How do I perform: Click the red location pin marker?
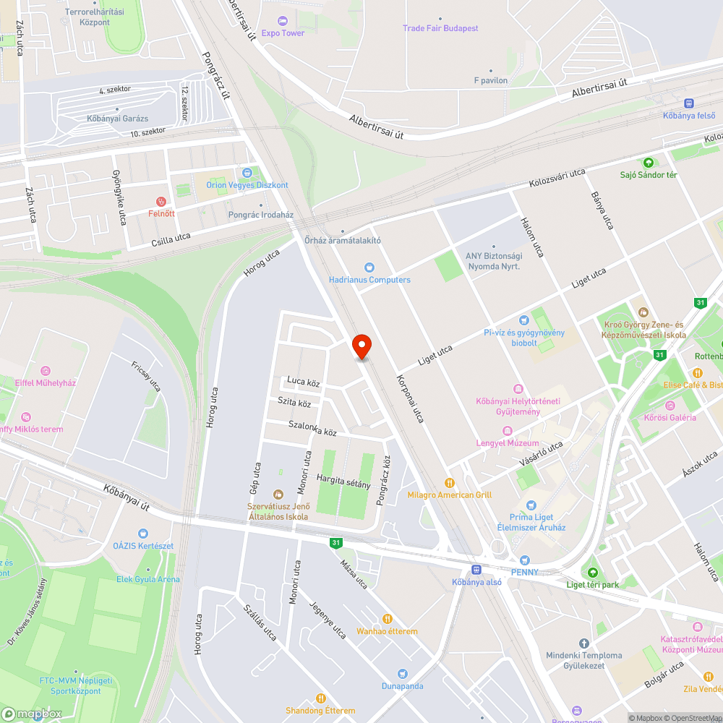[361, 346]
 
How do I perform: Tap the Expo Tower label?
[283, 33]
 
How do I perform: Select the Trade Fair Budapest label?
[440, 28]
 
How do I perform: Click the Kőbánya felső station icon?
[689, 103]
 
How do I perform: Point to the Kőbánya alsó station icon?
[476, 570]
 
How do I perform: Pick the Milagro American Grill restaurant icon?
[449, 483]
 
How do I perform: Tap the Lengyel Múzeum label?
[507, 443]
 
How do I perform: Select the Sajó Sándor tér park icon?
[648, 163]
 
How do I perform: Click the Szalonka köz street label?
[312, 428]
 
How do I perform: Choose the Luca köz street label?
[303, 381]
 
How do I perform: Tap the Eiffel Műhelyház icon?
[46, 371]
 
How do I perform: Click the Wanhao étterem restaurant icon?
[387, 619]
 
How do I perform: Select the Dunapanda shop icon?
[403, 674]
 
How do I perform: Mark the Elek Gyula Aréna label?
[148, 579]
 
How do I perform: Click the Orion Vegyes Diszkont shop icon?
[247, 173]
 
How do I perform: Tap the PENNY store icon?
[525, 560]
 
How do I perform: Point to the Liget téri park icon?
[592, 573]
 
